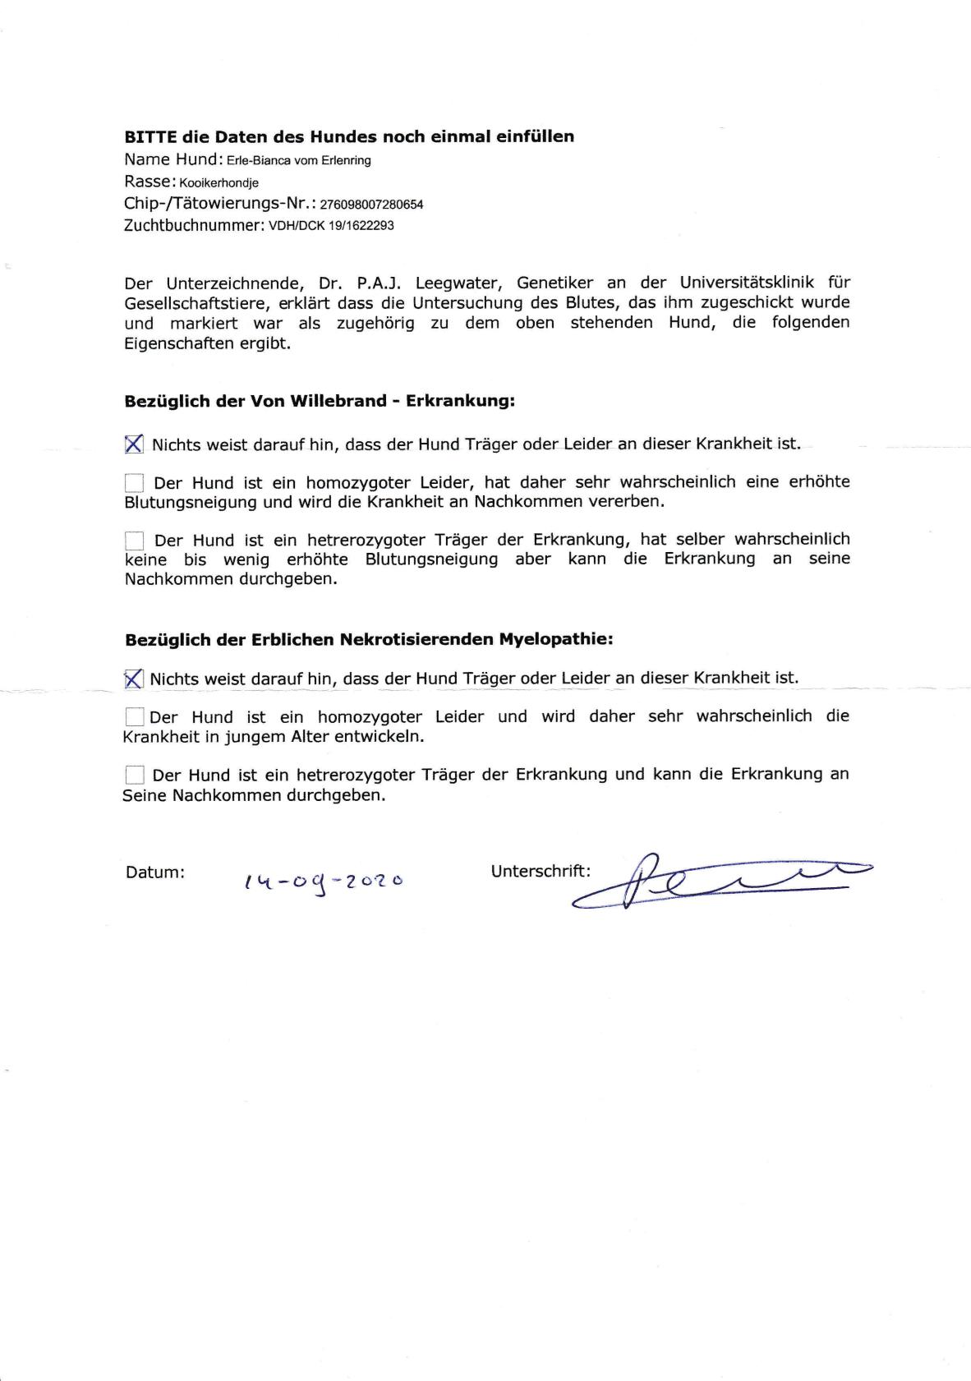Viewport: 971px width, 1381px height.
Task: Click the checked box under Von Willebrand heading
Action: point(134,444)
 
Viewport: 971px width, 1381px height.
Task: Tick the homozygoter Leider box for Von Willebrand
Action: point(134,482)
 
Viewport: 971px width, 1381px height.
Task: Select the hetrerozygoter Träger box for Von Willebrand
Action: point(134,541)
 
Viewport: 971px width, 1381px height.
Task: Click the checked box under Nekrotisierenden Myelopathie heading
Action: point(133,679)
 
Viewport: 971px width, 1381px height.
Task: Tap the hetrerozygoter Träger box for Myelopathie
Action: point(134,775)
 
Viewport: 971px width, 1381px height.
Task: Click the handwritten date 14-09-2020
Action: point(323,881)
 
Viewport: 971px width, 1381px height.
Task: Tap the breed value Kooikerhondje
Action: point(219,183)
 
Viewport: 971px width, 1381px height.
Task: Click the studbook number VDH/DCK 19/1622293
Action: point(331,226)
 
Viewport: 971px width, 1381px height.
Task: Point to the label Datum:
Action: point(155,872)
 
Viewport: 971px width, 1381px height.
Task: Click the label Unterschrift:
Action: point(541,871)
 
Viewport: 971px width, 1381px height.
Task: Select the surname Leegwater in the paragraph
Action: point(457,283)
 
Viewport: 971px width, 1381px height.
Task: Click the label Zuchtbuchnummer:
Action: point(194,225)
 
